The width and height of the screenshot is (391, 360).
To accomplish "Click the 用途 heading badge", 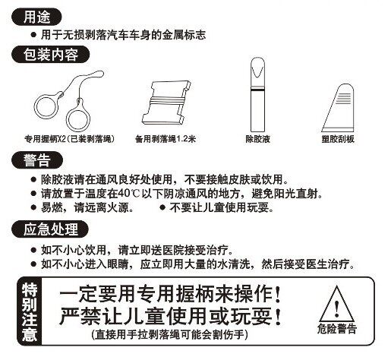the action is (36, 17).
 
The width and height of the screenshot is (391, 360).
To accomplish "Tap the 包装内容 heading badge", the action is (51, 54).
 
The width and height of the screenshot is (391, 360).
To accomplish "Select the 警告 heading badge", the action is (37, 160).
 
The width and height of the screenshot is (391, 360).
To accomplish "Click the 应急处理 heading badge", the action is (50, 229).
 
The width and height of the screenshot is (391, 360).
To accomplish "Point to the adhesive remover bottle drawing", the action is (257, 94).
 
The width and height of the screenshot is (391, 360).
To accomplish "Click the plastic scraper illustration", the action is (338, 108).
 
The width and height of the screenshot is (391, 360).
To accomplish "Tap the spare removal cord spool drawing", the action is (166, 103).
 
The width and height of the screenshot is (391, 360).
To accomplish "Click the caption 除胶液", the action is (257, 139).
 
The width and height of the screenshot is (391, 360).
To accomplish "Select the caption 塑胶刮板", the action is (338, 139).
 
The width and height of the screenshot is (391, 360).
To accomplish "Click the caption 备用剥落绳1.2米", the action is (166, 139).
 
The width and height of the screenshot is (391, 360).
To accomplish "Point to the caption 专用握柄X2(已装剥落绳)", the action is (70, 139).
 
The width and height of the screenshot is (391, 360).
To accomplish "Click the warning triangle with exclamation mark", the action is (336, 304).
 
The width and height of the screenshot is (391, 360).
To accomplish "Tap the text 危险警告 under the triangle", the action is (337, 329).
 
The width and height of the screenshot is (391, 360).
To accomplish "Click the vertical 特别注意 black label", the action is (29, 311).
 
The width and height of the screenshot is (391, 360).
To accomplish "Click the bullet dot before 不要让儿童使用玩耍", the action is (162, 208).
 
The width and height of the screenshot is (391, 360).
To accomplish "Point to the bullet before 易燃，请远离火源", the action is (33, 208).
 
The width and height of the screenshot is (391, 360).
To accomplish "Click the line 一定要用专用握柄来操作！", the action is (170, 294).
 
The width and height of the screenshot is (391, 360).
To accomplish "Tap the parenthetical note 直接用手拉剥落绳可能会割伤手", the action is (169, 335).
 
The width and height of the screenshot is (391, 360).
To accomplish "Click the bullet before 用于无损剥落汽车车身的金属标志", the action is (33, 35).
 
